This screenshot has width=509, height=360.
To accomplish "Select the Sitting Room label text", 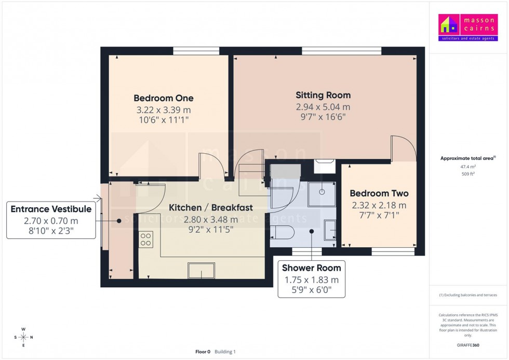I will pyautogui.click(x=323, y=95).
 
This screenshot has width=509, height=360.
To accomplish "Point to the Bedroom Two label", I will pyautogui.click(x=379, y=193).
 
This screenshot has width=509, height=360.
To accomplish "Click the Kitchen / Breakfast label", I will pyautogui.click(x=211, y=207).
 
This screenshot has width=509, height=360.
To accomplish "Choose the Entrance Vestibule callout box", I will pyautogui.click(x=51, y=221).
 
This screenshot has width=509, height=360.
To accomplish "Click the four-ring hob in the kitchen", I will pyautogui.click(x=146, y=239).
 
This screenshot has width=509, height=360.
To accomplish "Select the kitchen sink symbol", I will pyautogui.click(x=201, y=270).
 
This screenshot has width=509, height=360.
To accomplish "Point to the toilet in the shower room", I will pyautogui.click(x=281, y=232).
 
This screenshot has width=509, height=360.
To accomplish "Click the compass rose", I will pyautogui.click(x=23, y=337).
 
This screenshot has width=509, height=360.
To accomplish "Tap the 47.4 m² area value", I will pyautogui.click(x=468, y=167).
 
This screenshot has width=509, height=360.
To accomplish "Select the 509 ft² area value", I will pyautogui.click(x=468, y=174).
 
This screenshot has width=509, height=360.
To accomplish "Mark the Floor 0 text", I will pyautogui.click(x=203, y=352).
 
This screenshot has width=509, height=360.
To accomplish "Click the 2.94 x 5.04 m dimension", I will pyautogui.click(x=323, y=107).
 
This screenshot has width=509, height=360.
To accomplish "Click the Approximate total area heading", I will pyautogui.click(x=467, y=158).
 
